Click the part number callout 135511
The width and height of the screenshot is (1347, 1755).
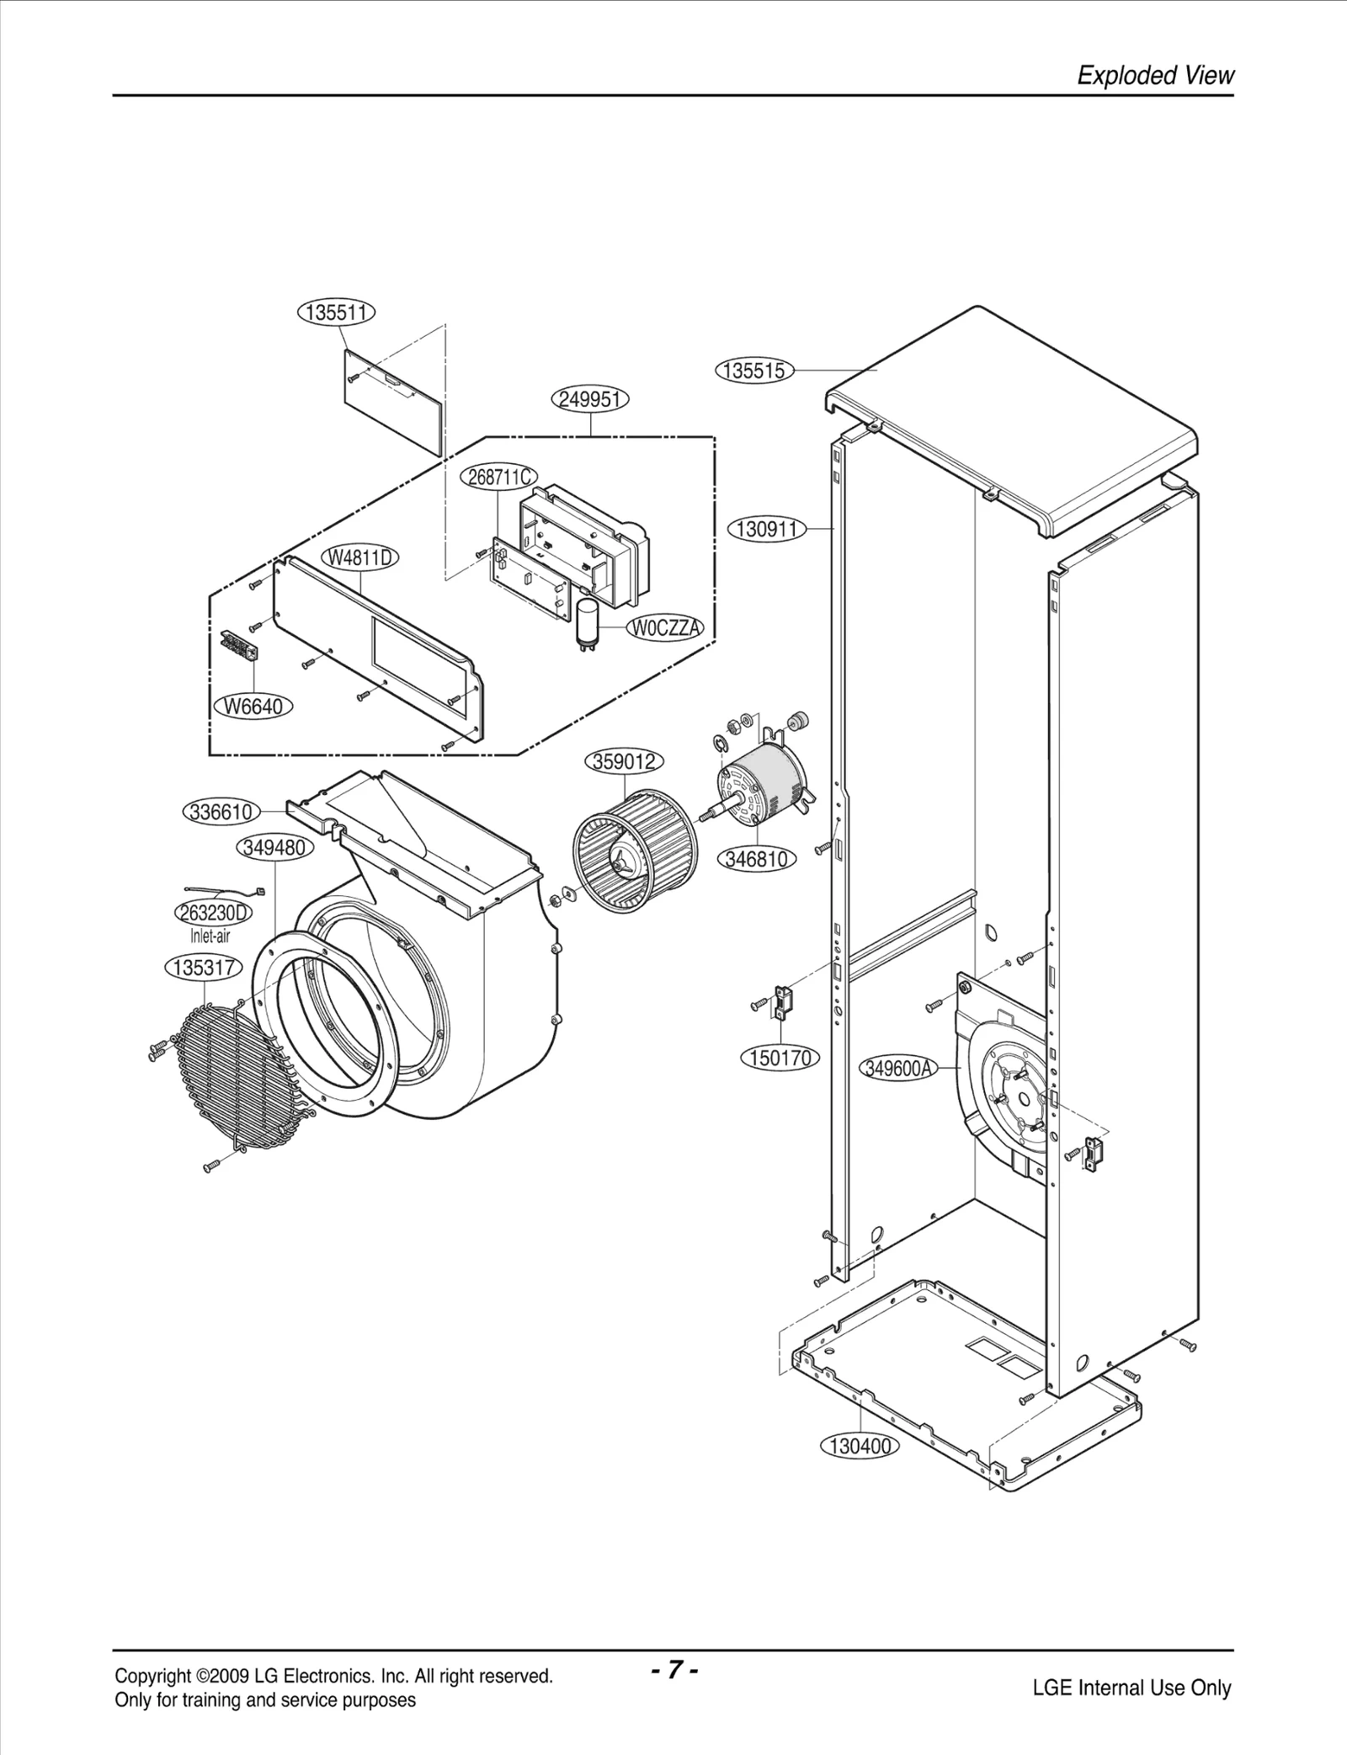336,312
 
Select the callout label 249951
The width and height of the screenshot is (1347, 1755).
591,398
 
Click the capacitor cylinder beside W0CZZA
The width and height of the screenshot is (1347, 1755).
586,624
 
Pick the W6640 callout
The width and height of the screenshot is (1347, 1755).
252,706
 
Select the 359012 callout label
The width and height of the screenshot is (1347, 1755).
624,762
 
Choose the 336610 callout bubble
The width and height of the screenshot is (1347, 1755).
220,812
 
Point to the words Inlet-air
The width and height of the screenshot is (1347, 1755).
210,936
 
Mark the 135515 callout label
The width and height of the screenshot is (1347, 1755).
754,371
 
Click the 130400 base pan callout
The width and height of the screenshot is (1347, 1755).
860,1446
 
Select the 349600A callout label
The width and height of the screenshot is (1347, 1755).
898,1069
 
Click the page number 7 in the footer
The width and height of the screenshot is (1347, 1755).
673,1669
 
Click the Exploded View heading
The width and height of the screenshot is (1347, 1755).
1155,76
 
